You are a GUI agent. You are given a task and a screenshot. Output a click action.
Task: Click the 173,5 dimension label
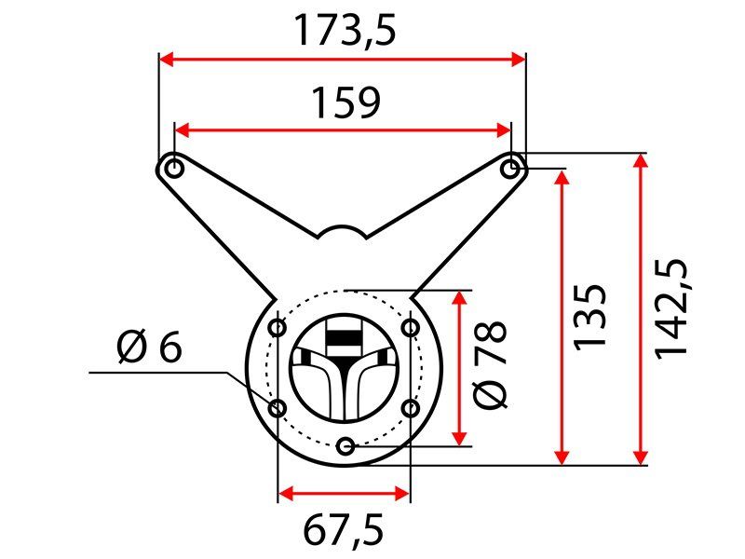345,31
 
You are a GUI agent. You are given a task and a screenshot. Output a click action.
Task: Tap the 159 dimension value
345,102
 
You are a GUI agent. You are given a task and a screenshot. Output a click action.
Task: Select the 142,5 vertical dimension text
671,309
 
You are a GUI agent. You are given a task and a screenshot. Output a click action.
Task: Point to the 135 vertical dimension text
590,318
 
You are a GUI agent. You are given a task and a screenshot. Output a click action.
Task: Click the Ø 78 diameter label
491,364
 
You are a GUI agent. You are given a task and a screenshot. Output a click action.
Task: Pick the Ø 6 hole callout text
149,348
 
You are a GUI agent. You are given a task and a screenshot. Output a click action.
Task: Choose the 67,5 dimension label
343,529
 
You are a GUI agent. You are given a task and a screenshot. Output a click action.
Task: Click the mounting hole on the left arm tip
175,168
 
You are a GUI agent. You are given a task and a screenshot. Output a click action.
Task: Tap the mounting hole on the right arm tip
510,168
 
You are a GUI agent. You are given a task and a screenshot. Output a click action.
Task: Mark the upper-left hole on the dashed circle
278,328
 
